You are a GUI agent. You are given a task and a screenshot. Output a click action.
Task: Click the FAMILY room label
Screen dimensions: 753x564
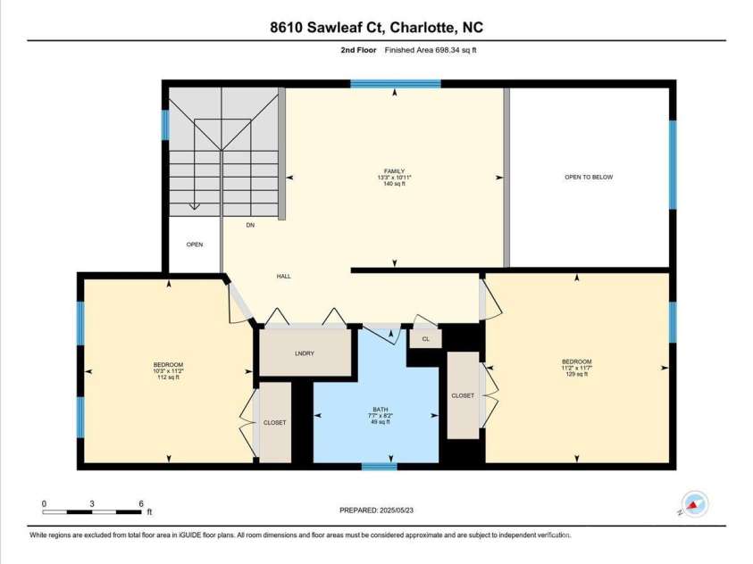tap(394, 171)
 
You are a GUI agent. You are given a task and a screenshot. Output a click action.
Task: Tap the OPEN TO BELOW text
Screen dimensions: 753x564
tap(589, 177)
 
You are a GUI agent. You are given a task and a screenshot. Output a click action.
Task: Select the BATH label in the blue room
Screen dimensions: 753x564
tap(381, 410)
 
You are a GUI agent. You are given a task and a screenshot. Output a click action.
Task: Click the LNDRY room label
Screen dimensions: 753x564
tap(305, 353)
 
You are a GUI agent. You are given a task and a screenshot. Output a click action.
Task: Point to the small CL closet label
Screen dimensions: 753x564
tap(425, 339)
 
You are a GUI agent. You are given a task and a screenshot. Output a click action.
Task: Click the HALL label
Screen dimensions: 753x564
tap(284, 277)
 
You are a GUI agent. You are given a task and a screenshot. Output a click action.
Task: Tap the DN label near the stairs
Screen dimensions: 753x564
tap(250, 225)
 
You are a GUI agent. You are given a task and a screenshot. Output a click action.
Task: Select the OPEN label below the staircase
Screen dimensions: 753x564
tap(195, 245)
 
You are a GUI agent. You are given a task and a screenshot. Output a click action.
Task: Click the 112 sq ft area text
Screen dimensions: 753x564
tap(168, 377)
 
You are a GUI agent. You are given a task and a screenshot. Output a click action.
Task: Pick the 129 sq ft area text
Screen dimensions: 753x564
tap(577, 374)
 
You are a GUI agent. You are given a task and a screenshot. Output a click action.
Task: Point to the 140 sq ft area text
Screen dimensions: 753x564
tap(394, 184)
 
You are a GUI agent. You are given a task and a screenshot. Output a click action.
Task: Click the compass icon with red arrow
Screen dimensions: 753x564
tap(694, 504)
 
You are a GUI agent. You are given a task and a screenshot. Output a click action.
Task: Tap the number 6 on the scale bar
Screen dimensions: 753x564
tap(141, 503)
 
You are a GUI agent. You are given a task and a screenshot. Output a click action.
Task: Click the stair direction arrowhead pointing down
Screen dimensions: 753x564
tap(194, 207)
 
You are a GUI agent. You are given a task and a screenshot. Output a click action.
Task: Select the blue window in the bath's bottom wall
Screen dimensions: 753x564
tap(380, 466)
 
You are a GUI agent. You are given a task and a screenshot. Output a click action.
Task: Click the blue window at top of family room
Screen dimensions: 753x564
tap(395, 84)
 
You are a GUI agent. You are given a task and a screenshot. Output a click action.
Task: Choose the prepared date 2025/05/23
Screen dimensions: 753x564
tap(396, 510)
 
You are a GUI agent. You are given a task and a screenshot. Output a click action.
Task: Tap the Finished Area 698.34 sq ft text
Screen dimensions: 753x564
tap(431, 50)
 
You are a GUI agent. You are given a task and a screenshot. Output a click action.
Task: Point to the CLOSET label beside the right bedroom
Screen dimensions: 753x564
tap(463, 395)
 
